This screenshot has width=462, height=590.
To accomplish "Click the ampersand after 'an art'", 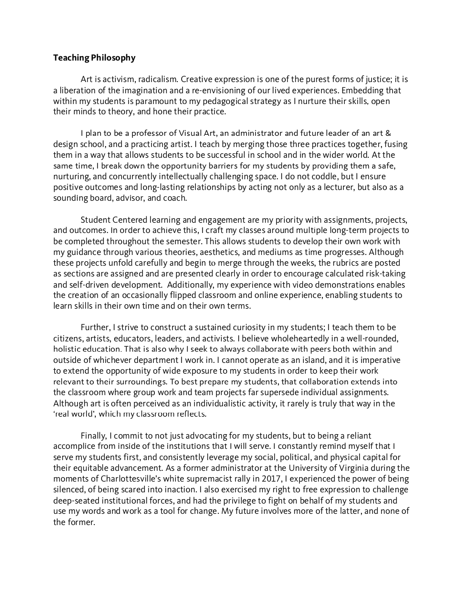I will pos(389,133).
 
